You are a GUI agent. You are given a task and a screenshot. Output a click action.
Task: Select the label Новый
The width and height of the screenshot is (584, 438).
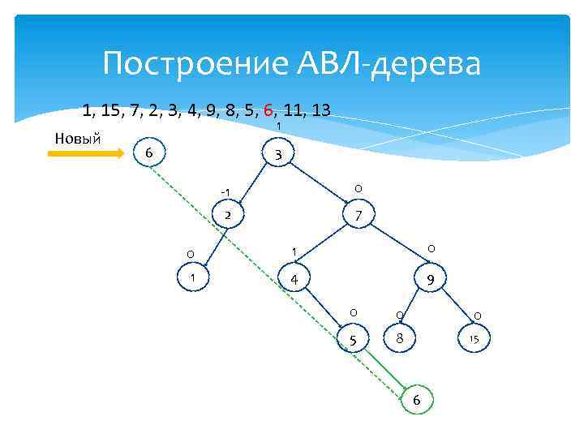77,136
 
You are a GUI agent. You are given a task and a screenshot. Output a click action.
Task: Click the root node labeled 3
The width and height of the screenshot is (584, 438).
277,155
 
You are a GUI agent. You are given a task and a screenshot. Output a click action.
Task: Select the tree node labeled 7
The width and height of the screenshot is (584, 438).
358,216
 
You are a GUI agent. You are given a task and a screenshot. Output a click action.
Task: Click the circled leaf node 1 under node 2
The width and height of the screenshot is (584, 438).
192,278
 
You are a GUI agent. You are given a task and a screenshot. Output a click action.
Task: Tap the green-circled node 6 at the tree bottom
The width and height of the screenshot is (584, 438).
417,400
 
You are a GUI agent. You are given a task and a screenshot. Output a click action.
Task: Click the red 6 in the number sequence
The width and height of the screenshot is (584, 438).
268,109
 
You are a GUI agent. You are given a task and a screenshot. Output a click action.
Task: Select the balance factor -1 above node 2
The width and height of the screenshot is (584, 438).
225,191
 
